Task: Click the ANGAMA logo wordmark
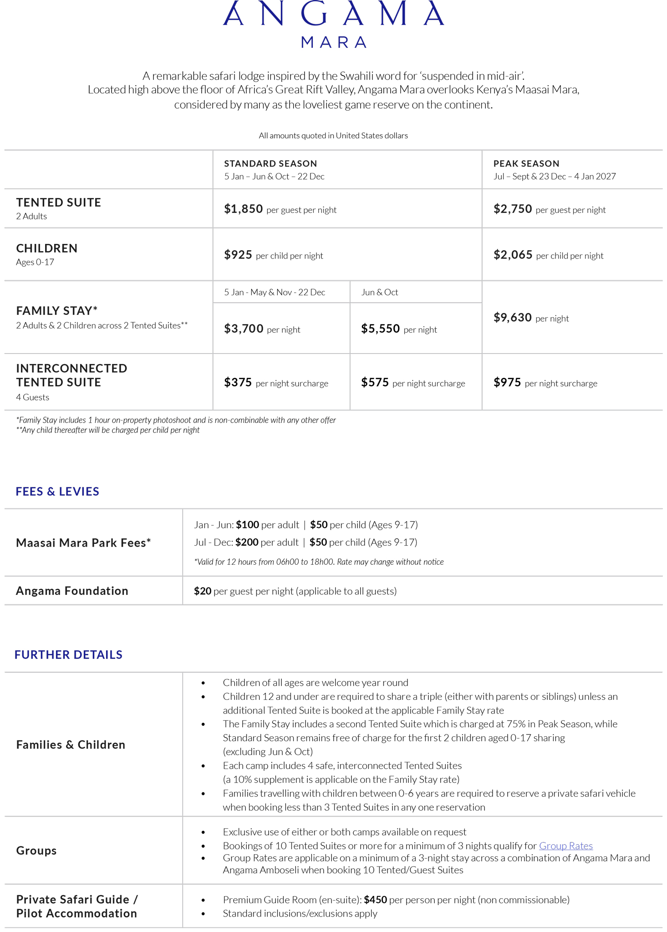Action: [x=333, y=14]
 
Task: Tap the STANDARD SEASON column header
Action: [x=270, y=163]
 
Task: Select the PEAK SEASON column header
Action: [x=526, y=163]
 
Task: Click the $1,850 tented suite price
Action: [x=244, y=209]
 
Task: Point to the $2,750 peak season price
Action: [x=513, y=209]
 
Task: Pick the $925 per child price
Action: [x=238, y=255]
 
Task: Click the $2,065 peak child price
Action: [x=513, y=255]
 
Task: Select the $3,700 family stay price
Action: [x=244, y=329]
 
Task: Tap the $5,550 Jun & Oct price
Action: [x=380, y=329]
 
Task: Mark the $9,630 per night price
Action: [x=513, y=318]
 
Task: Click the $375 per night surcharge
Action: [x=238, y=383]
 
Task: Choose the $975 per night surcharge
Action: [x=507, y=383]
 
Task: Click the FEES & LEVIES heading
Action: [x=57, y=491]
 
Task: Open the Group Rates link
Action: [x=566, y=846]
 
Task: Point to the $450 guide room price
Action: [x=375, y=900]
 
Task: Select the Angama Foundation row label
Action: [x=72, y=591]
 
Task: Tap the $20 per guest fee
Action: [x=203, y=591]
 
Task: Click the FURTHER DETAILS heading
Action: [x=68, y=654]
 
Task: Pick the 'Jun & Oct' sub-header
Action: [x=380, y=292]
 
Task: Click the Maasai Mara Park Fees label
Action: [x=83, y=542]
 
